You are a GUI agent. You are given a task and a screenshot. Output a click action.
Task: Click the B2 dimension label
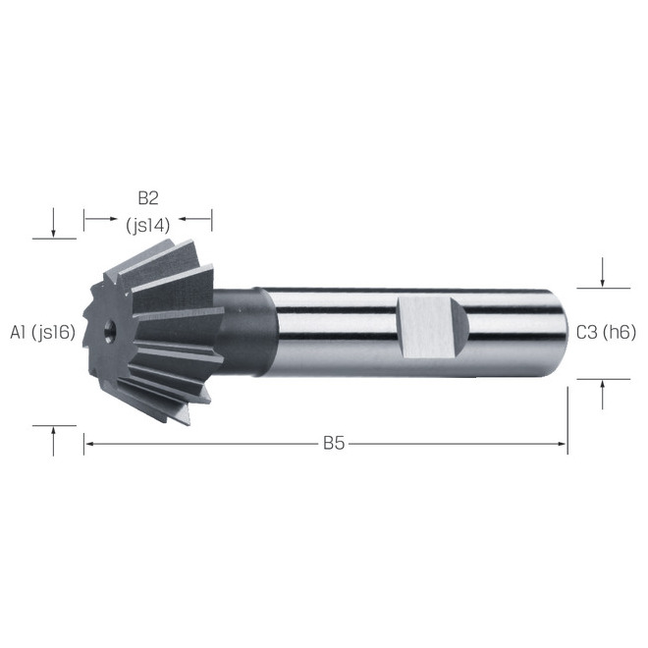pyautogui.click(x=148, y=198)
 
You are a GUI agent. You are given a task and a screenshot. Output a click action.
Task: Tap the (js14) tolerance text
pyautogui.click(x=148, y=226)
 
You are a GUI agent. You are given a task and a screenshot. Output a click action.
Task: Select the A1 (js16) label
pyautogui.click(x=42, y=332)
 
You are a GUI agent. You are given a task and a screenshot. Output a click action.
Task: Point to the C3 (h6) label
pyautogui.click(x=606, y=332)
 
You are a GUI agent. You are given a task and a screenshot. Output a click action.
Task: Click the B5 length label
pyautogui.click(x=334, y=444)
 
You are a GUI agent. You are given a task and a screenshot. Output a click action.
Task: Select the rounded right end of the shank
pyautogui.click(x=559, y=333)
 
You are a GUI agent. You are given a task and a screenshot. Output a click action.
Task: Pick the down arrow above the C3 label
pyautogui.click(x=603, y=272)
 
